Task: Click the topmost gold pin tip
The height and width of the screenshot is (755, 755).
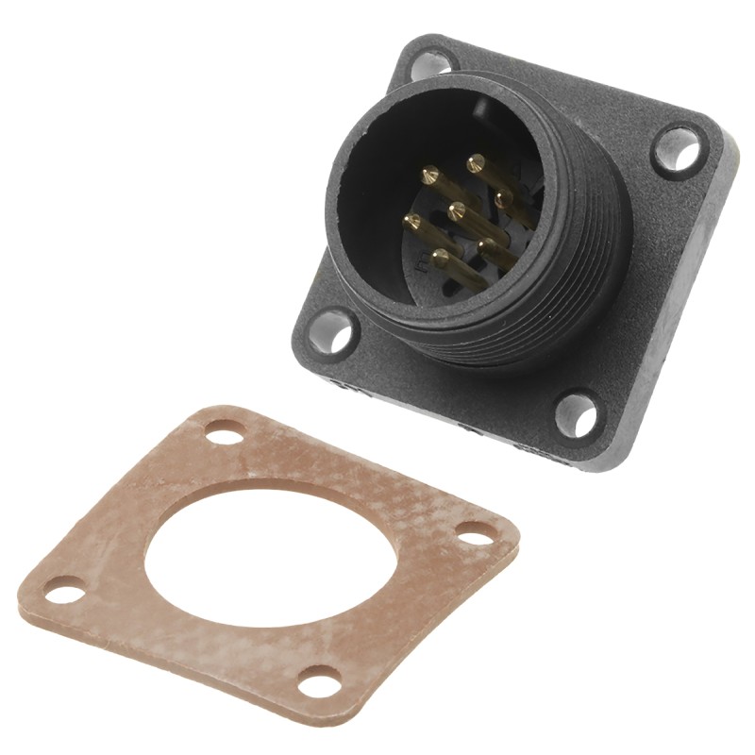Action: click(475, 162)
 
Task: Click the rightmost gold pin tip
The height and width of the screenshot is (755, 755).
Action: click(503, 196)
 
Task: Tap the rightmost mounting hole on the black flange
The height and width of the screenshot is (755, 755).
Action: click(679, 150)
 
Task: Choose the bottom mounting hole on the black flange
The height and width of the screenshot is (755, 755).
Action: click(577, 414)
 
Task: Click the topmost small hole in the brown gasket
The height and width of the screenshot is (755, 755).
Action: click(225, 434)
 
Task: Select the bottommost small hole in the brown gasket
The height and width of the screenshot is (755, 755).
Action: click(320, 679)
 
